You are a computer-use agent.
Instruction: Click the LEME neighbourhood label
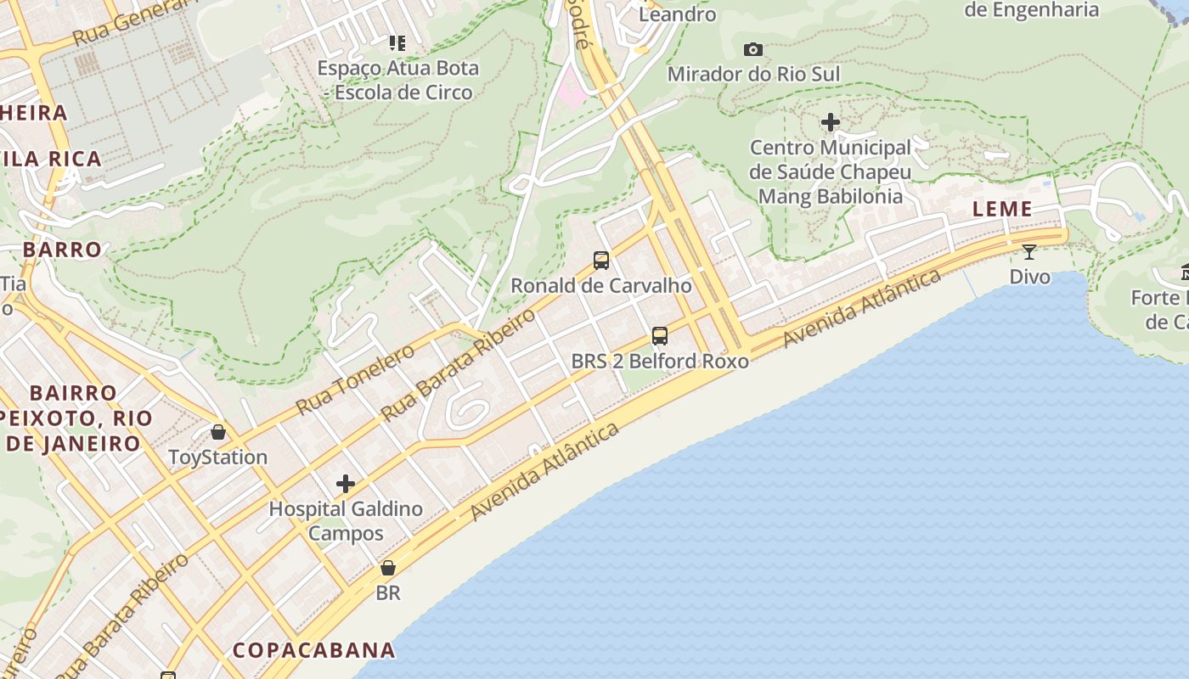click(1002, 209)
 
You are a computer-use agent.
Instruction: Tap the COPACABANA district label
click(314, 650)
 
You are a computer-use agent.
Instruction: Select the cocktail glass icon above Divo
click(1029, 252)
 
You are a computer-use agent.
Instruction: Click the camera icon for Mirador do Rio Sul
click(752, 50)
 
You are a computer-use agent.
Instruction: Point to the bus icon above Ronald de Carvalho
click(601, 261)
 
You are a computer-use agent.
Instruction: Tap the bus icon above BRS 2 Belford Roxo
click(660, 336)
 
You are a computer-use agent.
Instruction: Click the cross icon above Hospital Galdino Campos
click(346, 484)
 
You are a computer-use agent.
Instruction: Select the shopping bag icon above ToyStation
click(218, 432)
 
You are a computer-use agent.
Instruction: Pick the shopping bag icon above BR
click(388, 568)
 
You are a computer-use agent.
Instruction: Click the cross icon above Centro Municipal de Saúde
click(831, 123)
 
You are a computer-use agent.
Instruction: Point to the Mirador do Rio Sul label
click(753, 74)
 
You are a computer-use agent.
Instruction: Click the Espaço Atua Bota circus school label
click(398, 80)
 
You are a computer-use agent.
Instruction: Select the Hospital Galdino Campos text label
click(346, 521)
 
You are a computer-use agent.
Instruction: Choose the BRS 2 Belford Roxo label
click(660, 361)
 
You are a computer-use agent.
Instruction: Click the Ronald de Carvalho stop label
click(601, 285)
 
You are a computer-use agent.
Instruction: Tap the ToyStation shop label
click(218, 457)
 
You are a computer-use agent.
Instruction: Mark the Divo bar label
click(1029, 277)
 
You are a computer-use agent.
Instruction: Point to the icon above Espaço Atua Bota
click(397, 42)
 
